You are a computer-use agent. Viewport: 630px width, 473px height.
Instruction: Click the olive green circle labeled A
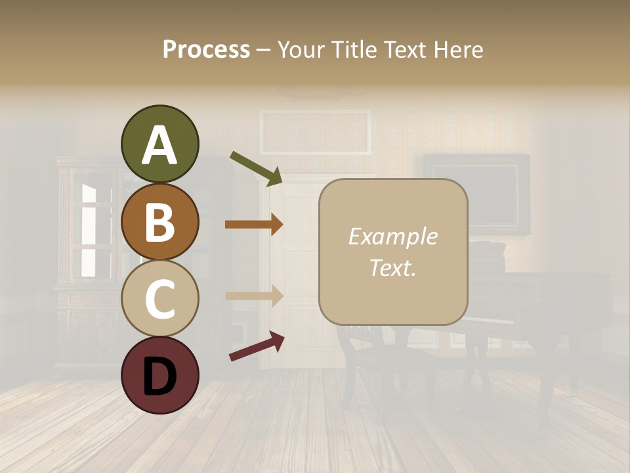click(x=159, y=144)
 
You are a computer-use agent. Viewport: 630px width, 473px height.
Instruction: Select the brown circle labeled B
click(x=159, y=221)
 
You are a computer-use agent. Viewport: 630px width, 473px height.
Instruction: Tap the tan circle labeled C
click(x=159, y=298)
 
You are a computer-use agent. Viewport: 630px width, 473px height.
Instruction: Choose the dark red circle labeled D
click(x=159, y=375)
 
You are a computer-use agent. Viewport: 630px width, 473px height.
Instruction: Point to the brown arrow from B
click(x=254, y=224)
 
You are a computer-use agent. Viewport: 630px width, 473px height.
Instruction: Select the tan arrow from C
click(x=254, y=296)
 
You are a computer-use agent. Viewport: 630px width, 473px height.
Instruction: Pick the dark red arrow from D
click(x=257, y=346)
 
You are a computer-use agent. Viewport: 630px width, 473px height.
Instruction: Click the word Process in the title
click(x=206, y=49)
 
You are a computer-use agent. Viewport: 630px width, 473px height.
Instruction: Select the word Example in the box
click(x=393, y=236)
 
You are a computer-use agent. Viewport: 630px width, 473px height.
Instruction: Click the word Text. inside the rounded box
click(x=393, y=267)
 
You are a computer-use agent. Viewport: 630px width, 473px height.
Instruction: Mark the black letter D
click(x=159, y=376)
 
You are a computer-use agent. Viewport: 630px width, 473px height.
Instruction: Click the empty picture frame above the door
click(x=315, y=131)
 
